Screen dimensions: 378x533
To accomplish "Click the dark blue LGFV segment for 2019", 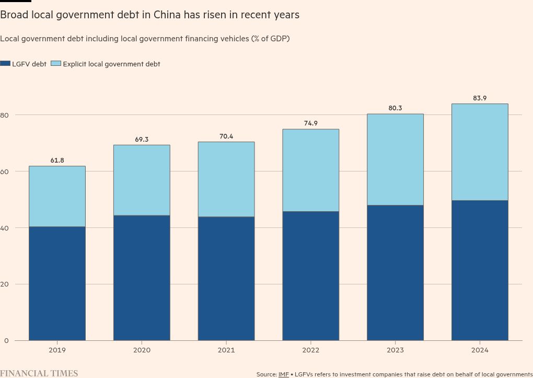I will click(57, 283).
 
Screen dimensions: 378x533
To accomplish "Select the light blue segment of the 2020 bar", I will click(142, 180).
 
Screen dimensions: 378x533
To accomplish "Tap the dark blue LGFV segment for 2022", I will click(310, 276).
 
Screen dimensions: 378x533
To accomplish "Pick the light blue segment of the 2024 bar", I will click(480, 152).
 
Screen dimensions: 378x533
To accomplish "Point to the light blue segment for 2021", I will click(226, 179).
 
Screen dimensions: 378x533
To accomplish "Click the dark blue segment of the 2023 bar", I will click(395, 273).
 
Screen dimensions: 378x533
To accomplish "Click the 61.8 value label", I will click(57, 161).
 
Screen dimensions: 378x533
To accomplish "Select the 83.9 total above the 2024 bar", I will click(480, 98).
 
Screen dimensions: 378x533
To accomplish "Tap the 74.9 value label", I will click(310, 123).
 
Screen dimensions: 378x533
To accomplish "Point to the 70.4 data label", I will click(226, 136).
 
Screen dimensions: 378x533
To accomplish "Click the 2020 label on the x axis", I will click(142, 350).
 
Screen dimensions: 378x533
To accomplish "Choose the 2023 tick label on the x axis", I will click(395, 350).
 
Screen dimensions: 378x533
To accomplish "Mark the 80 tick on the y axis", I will click(4, 115).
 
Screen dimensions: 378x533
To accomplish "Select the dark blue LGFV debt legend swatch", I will click(5, 64).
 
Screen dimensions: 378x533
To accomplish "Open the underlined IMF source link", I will click(284, 374).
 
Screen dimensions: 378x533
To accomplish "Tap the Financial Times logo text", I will click(39, 373).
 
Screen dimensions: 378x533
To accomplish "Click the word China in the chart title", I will click(167, 15).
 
